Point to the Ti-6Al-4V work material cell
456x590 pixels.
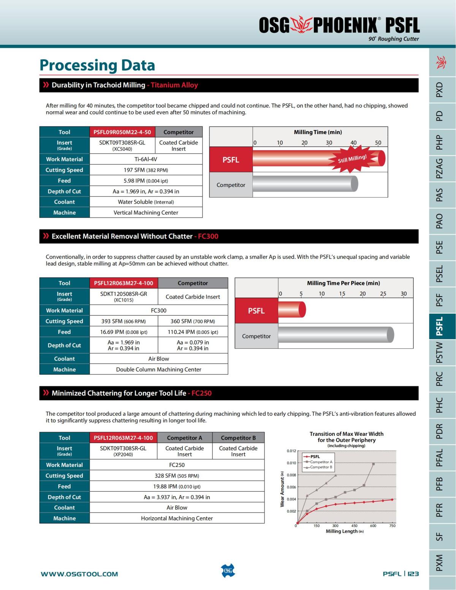coord(146,159)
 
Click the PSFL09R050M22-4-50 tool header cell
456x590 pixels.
coord(122,132)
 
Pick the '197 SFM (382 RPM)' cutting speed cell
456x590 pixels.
coord(146,170)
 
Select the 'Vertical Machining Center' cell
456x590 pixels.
coord(146,213)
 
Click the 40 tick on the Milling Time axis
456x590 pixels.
coord(353,143)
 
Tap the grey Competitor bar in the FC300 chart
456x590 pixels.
coord(336,335)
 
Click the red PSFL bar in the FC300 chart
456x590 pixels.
coord(291,310)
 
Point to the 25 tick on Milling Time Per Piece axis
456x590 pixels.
coord(383,294)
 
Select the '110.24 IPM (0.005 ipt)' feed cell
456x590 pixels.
coord(193,332)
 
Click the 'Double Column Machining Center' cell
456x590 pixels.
coord(158,369)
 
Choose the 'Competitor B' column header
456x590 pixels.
coord(238,438)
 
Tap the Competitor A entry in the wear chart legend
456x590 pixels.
coord(321,462)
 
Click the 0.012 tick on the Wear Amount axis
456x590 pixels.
coord(291,451)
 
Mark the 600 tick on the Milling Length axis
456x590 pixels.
coord(373,526)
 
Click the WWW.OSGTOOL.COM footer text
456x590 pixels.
coord(79,574)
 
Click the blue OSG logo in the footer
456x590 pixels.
coord(228,571)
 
